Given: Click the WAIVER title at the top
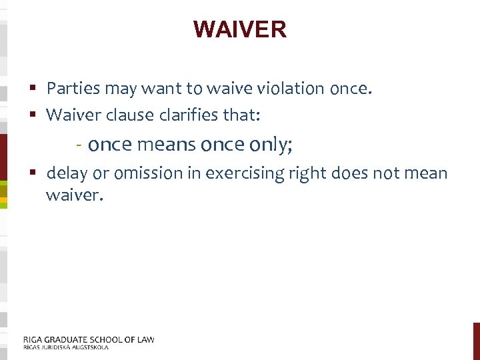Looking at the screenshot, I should coord(240,29).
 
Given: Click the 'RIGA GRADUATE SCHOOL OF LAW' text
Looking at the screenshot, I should coord(89,339).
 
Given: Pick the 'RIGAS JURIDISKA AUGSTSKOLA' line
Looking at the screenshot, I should coord(65,347).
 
